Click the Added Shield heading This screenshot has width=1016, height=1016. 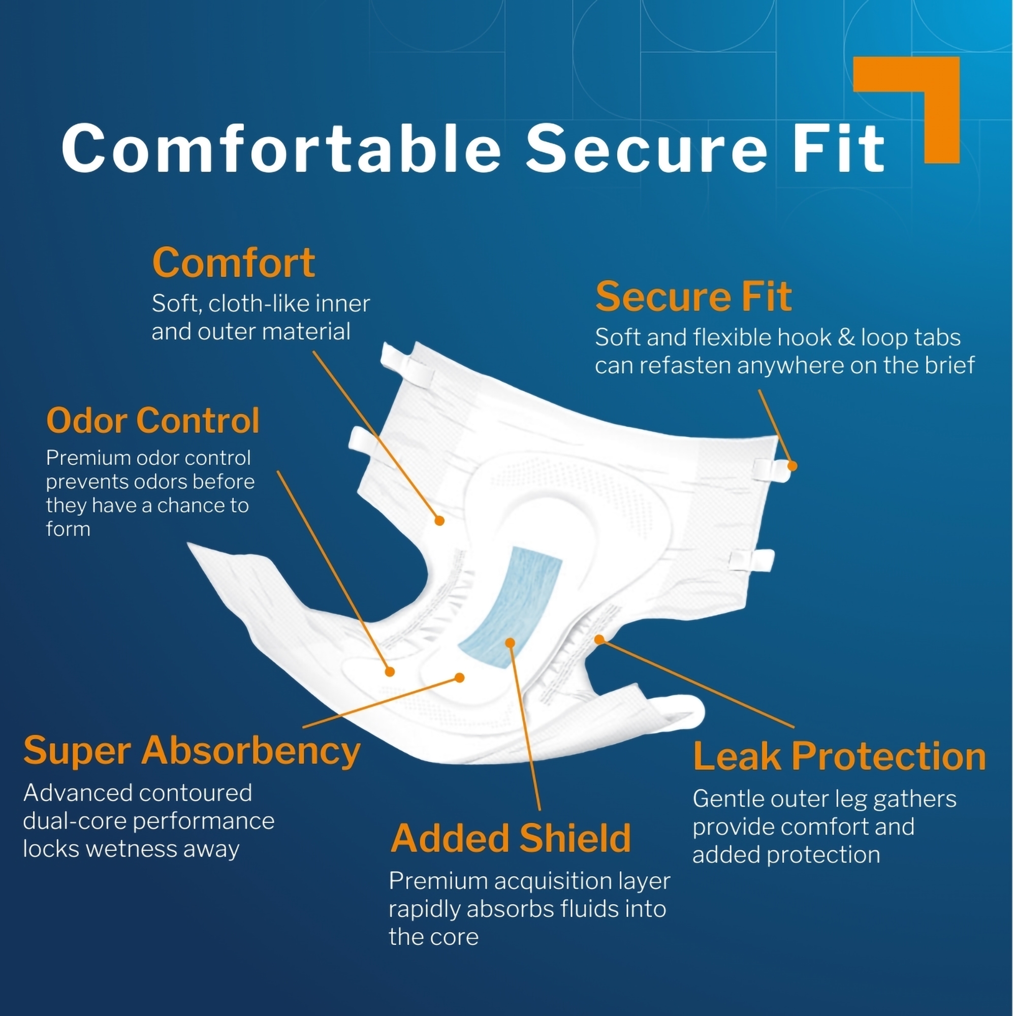[511, 838]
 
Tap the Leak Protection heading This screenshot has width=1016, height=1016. [839, 757]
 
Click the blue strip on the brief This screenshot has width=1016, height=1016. [510, 607]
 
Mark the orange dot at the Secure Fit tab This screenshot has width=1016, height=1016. [792, 466]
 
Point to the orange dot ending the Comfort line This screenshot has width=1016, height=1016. [439, 521]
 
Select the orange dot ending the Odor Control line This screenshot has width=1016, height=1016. [390, 672]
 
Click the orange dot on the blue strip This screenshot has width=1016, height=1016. [510, 643]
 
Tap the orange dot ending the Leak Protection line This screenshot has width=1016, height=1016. [599, 640]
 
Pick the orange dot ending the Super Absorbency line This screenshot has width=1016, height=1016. [460, 678]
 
